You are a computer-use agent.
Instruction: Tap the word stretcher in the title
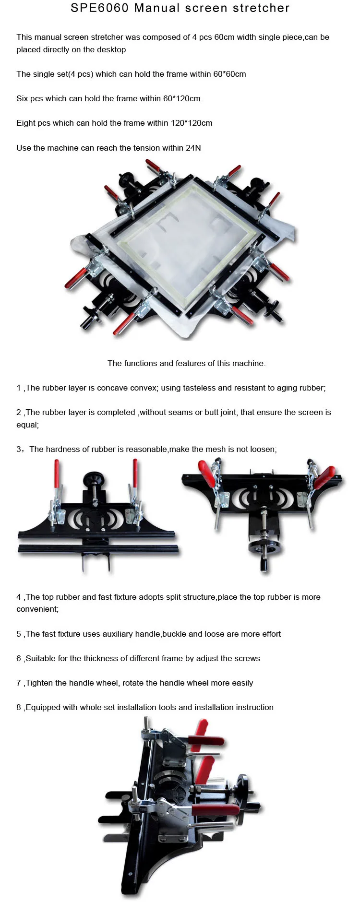click(261, 8)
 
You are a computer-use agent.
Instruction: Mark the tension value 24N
click(193, 148)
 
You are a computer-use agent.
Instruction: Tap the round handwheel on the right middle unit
click(264, 546)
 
